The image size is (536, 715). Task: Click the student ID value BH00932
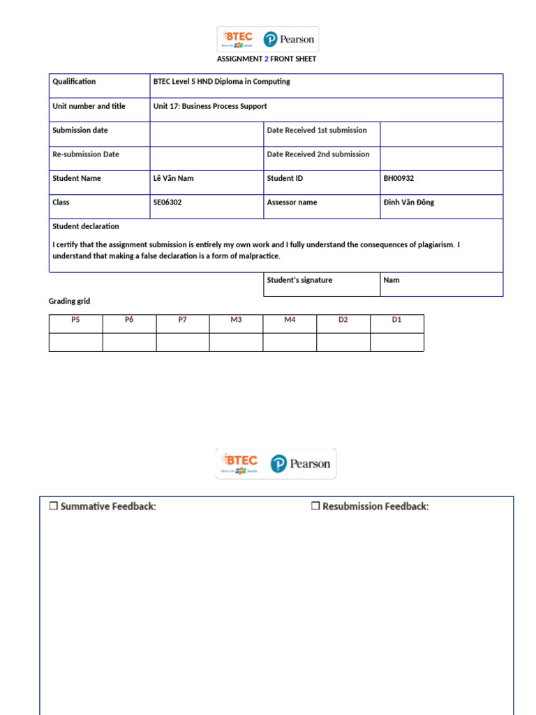pos(399,179)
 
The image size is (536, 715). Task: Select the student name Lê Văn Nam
pos(173,179)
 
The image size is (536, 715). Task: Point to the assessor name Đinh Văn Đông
pos(408,202)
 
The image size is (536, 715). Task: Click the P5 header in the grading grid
pos(75,320)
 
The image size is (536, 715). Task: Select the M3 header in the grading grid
pos(236,320)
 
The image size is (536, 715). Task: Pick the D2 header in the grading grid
pos(343,320)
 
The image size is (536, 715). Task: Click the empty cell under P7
pos(183,342)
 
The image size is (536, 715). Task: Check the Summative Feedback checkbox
pos(53,506)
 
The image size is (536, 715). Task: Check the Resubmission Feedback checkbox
pos(315,506)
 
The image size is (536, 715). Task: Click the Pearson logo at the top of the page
pos(289,39)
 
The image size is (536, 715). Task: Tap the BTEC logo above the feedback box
pos(239,463)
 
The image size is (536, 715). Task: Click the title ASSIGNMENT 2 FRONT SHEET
pos(267,59)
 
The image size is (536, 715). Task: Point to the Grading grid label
pos(69,302)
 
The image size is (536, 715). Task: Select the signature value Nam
pos(392,281)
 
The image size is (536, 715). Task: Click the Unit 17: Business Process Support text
pos(210,107)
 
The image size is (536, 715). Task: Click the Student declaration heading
pos(86,227)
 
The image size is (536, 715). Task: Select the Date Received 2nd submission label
pos(318,154)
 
